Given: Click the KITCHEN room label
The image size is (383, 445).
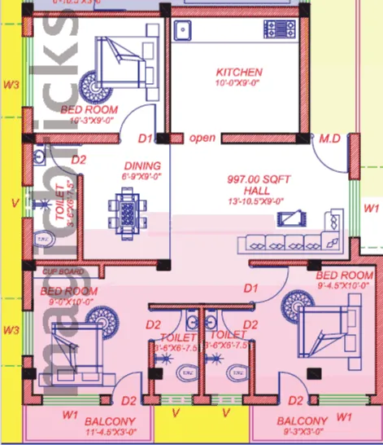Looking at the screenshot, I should (x=238, y=72).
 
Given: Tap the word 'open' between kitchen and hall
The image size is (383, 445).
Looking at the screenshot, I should (x=202, y=138).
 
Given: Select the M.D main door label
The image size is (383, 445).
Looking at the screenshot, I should (x=329, y=139).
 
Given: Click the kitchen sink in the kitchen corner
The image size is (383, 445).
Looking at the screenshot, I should (x=182, y=32).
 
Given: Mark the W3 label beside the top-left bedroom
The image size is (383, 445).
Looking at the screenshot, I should (x=11, y=84).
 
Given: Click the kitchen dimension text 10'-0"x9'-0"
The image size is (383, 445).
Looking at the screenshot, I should (x=238, y=82).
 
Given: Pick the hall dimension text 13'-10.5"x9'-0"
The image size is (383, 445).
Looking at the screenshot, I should (x=256, y=201).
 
